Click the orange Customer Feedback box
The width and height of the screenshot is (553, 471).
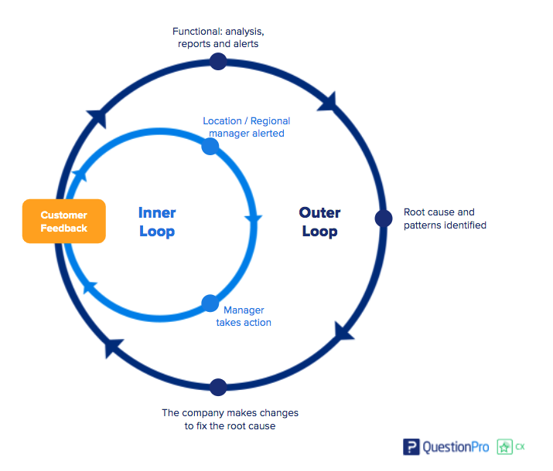(63, 222)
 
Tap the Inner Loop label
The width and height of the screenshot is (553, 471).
(157, 222)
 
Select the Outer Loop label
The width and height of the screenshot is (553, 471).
(319, 222)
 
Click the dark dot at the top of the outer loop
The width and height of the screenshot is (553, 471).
(218, 62)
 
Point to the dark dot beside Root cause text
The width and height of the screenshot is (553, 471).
(384, 219)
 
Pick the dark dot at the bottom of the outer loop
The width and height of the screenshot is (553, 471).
(218, 387)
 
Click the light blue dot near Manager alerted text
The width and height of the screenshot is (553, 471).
(210, 147)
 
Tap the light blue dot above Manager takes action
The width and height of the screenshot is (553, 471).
(210, 303)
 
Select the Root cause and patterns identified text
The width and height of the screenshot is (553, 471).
(445, 219)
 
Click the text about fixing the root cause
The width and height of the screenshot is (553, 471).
(230, 419)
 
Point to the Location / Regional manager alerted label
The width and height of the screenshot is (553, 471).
(246, 127)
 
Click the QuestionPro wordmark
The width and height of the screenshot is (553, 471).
(456, 447)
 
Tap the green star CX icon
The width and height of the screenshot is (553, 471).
(505, 447)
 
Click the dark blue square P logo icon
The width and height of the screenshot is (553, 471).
(411, 447)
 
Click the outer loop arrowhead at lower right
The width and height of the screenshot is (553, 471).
(344, 331)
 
